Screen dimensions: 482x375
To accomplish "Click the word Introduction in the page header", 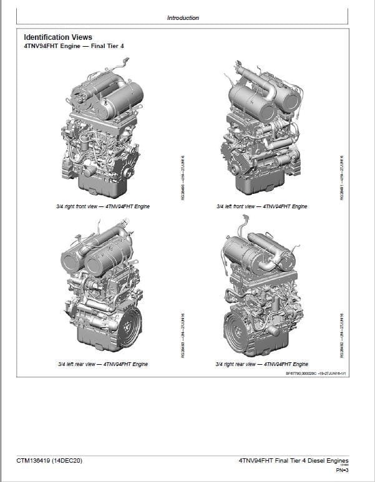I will (183, 18).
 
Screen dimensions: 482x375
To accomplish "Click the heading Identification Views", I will (57, 37).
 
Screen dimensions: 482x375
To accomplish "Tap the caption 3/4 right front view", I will (101, 206).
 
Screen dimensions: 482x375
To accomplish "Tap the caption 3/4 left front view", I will (261, 206).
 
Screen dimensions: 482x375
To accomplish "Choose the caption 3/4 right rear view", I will (261, 364).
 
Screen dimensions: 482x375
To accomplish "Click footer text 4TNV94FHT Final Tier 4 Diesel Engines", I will (293, 461).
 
